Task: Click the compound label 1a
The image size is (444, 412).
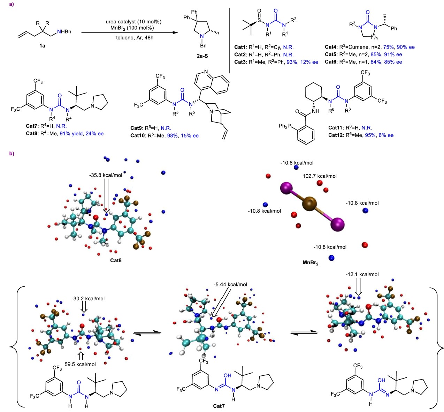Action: pos(42,46)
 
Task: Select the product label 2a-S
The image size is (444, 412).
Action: pos(202,56)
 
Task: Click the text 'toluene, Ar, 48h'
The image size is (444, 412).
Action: pos(135,37)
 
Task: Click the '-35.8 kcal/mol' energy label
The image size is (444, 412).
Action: pos(106,175)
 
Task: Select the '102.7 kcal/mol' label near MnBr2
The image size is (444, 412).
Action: pos(320,176)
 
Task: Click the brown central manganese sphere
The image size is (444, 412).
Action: pos(309,204)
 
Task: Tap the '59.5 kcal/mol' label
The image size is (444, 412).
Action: pos(80,364)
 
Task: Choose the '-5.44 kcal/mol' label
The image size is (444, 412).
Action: pos(230,284)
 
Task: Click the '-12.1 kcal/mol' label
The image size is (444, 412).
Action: pos(362,274)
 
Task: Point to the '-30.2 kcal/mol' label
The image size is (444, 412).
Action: pos(88,299)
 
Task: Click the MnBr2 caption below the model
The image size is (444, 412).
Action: pos(310,263)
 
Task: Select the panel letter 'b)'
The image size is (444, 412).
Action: pos(12,154)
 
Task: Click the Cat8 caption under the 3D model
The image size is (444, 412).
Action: pos(116,260)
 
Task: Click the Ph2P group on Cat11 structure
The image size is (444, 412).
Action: pos(285,126)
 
